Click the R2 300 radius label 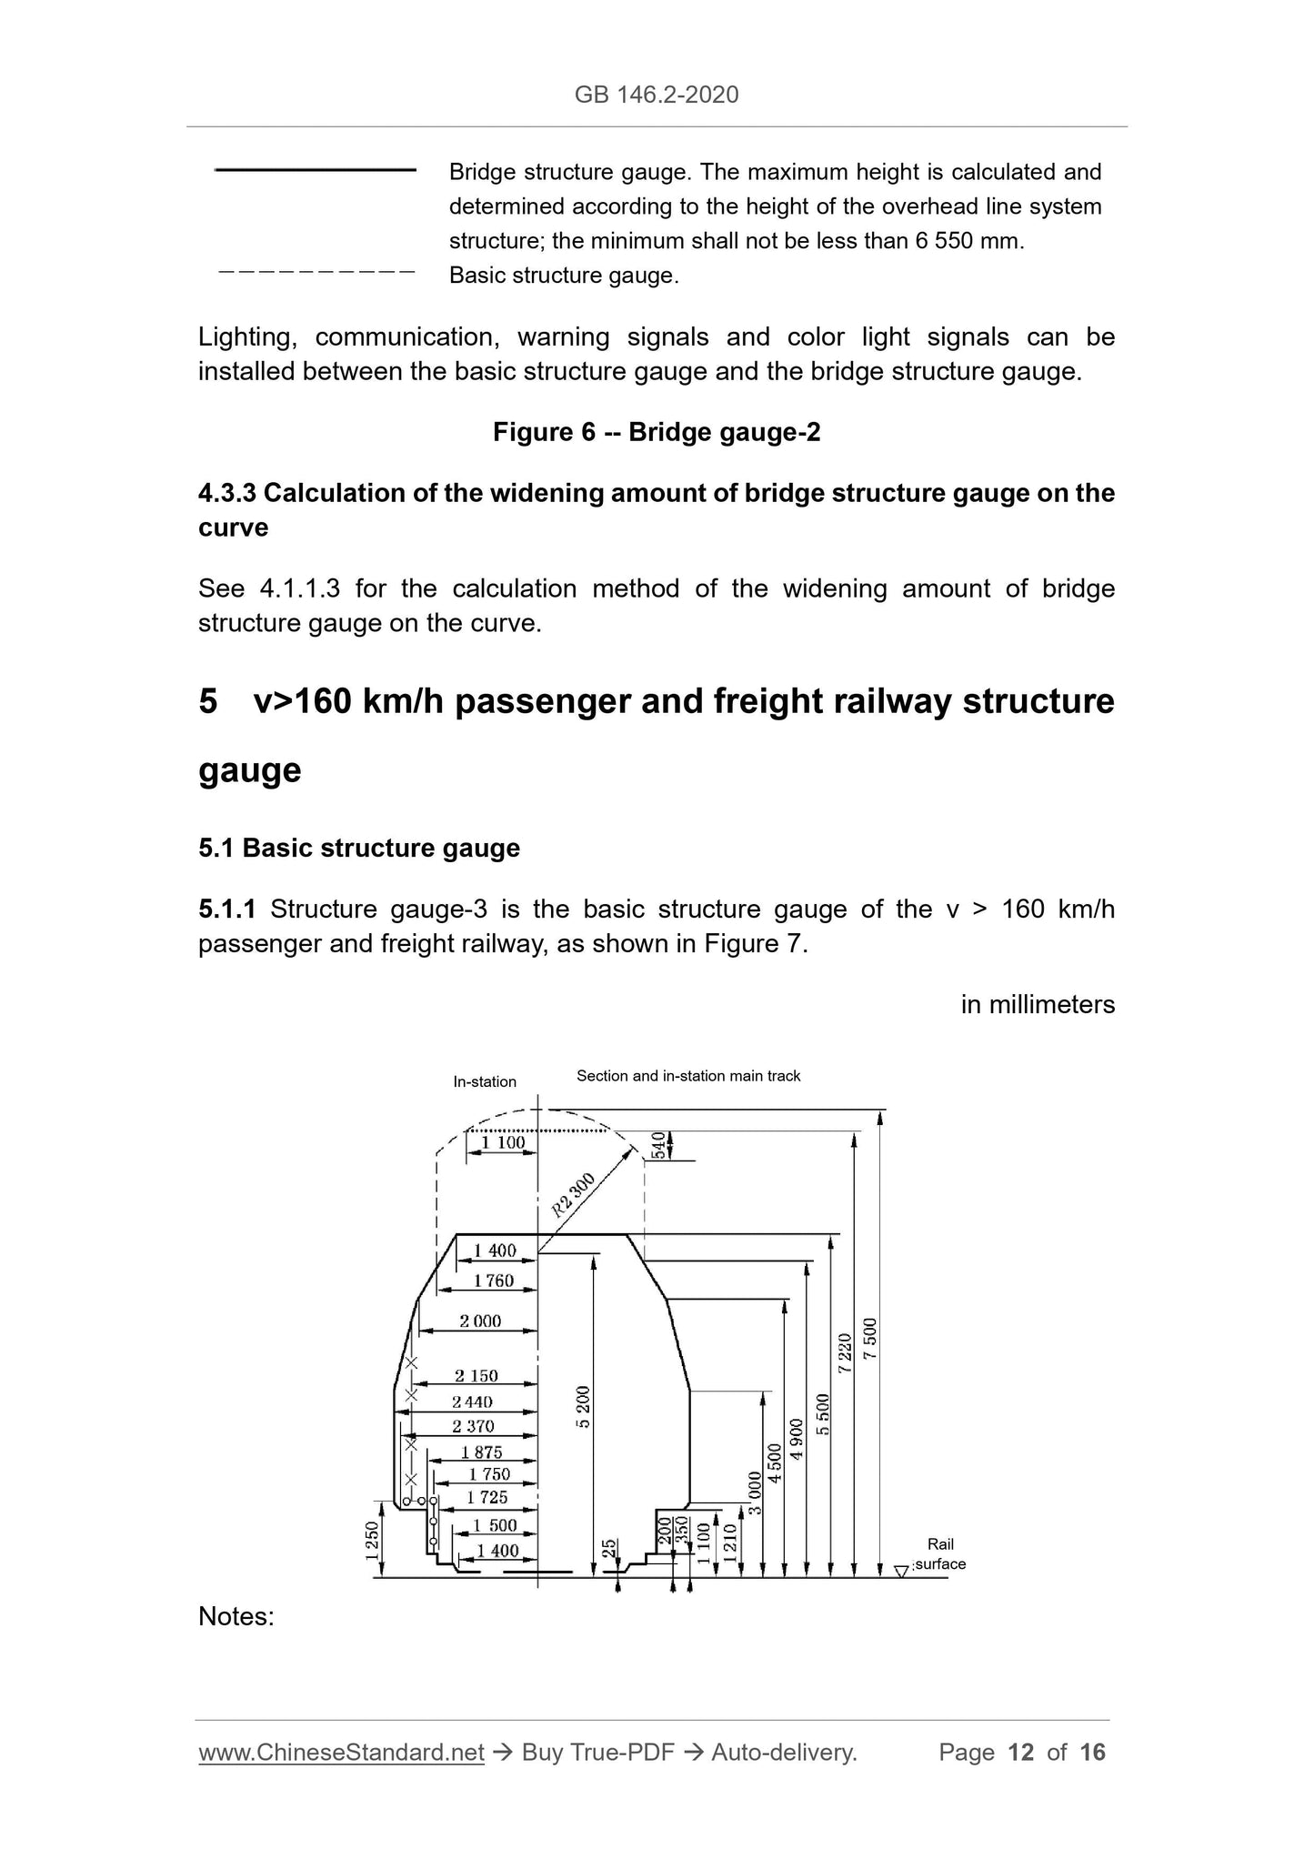click(x=573, y=1195)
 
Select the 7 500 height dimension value click(x=870, y=1339)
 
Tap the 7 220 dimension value click(x=845, y=1352)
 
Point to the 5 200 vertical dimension click(x=583, y=1406)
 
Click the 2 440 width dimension click(x=473, y=1402)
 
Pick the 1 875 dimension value click(x=481, y=1452)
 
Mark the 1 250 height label click(x=372, y=1541)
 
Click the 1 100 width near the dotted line click(x=503, y=1142)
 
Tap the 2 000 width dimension click(x=480, y=1321)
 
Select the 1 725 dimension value click(x=487, y=1497)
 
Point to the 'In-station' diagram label click(x=485, y=1081)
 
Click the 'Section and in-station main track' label click(x=688, y=1076)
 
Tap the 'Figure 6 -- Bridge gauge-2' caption click(x=657, y=432)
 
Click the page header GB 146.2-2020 click(x=657, y=95)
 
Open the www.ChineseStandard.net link click(x=341, y=1752)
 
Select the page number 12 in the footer click(x=1021, y=1752)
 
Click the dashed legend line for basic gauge click(x=316, y=272)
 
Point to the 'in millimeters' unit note click(x=1038, y=1004)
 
